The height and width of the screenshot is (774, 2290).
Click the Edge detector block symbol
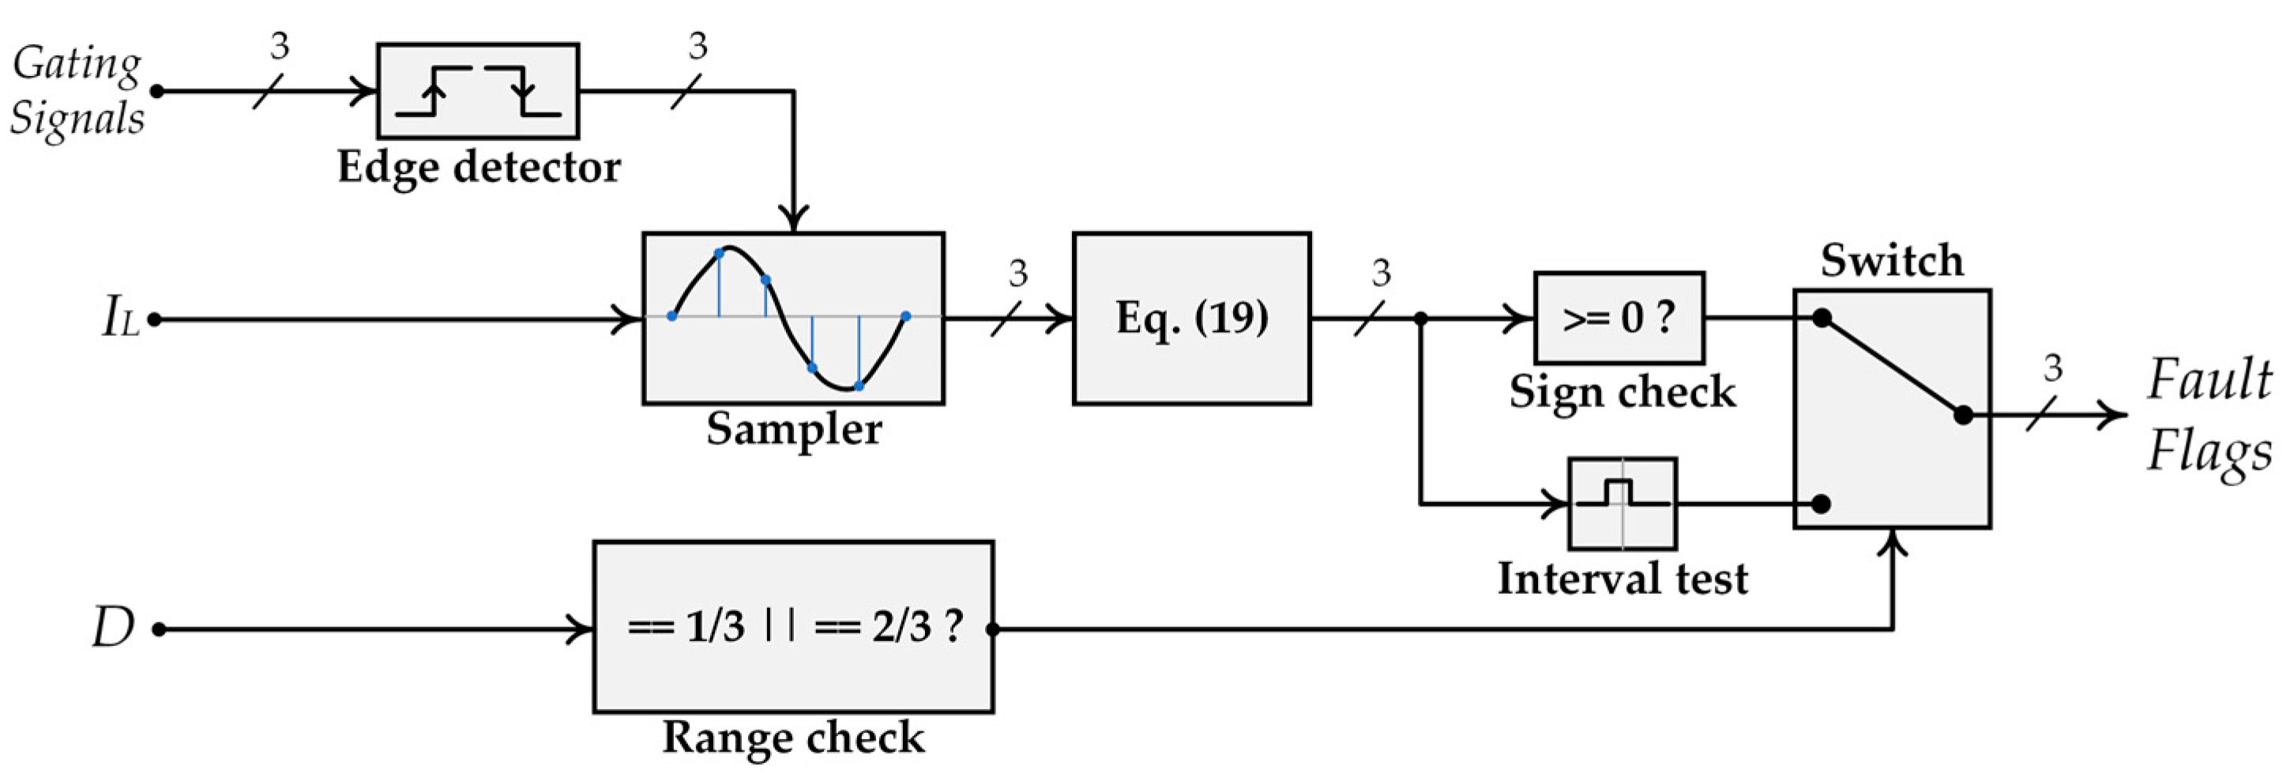point(477,91)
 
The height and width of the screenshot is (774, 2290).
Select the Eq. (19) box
point(1191,319)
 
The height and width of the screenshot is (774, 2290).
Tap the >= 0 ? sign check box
point(1619,318)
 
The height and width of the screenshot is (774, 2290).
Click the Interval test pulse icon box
point(1623,504)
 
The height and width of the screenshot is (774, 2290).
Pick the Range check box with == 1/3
point(793,626)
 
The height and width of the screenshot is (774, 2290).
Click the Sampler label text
point(793,430)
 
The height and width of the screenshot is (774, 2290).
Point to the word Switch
point(1892,262)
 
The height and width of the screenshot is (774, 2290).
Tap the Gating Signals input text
point(77,91)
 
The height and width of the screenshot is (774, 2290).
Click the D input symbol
point(113,627)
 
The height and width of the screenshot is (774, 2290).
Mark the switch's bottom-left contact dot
point(1821,504)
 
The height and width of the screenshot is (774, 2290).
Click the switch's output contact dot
point(1963,414)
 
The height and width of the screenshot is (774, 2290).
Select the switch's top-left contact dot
point(1822,319)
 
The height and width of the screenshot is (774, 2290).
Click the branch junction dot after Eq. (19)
point(1420,319)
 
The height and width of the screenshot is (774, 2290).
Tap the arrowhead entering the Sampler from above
point(793,219)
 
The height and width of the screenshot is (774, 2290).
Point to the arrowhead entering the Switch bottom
point(1893,542)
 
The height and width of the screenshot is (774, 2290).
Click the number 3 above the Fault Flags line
point(2051,368)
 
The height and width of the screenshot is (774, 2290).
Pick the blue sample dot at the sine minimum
point(858,386)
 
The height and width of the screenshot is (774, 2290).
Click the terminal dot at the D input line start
point(159,630)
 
